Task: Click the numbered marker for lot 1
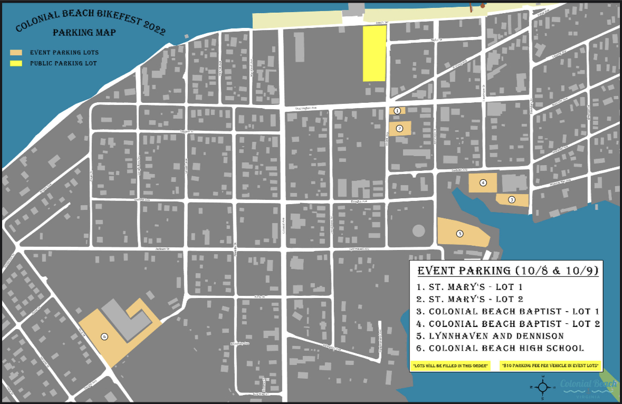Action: click(x=397, y=111)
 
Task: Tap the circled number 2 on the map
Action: click(x=399, y=128)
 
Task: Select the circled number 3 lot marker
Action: click(x=511, y=200)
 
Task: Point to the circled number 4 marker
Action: click(x=483, y=182)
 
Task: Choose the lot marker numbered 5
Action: click(x=460, y=234)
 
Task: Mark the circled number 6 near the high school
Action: click(x=104, y=336)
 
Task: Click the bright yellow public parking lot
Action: click(x=375, y=54)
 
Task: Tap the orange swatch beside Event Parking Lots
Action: click(x=17, y=53)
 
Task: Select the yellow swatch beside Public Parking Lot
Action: click(x=17, y=63)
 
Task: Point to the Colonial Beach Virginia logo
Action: click(x=588, y=388)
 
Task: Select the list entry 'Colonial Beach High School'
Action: click(x=506, y=348)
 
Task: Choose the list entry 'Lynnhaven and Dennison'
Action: click(x=496, y=336)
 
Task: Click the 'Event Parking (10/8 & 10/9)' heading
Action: click(x=507, y=271)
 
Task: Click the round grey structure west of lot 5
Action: click(x=418, y=230)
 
